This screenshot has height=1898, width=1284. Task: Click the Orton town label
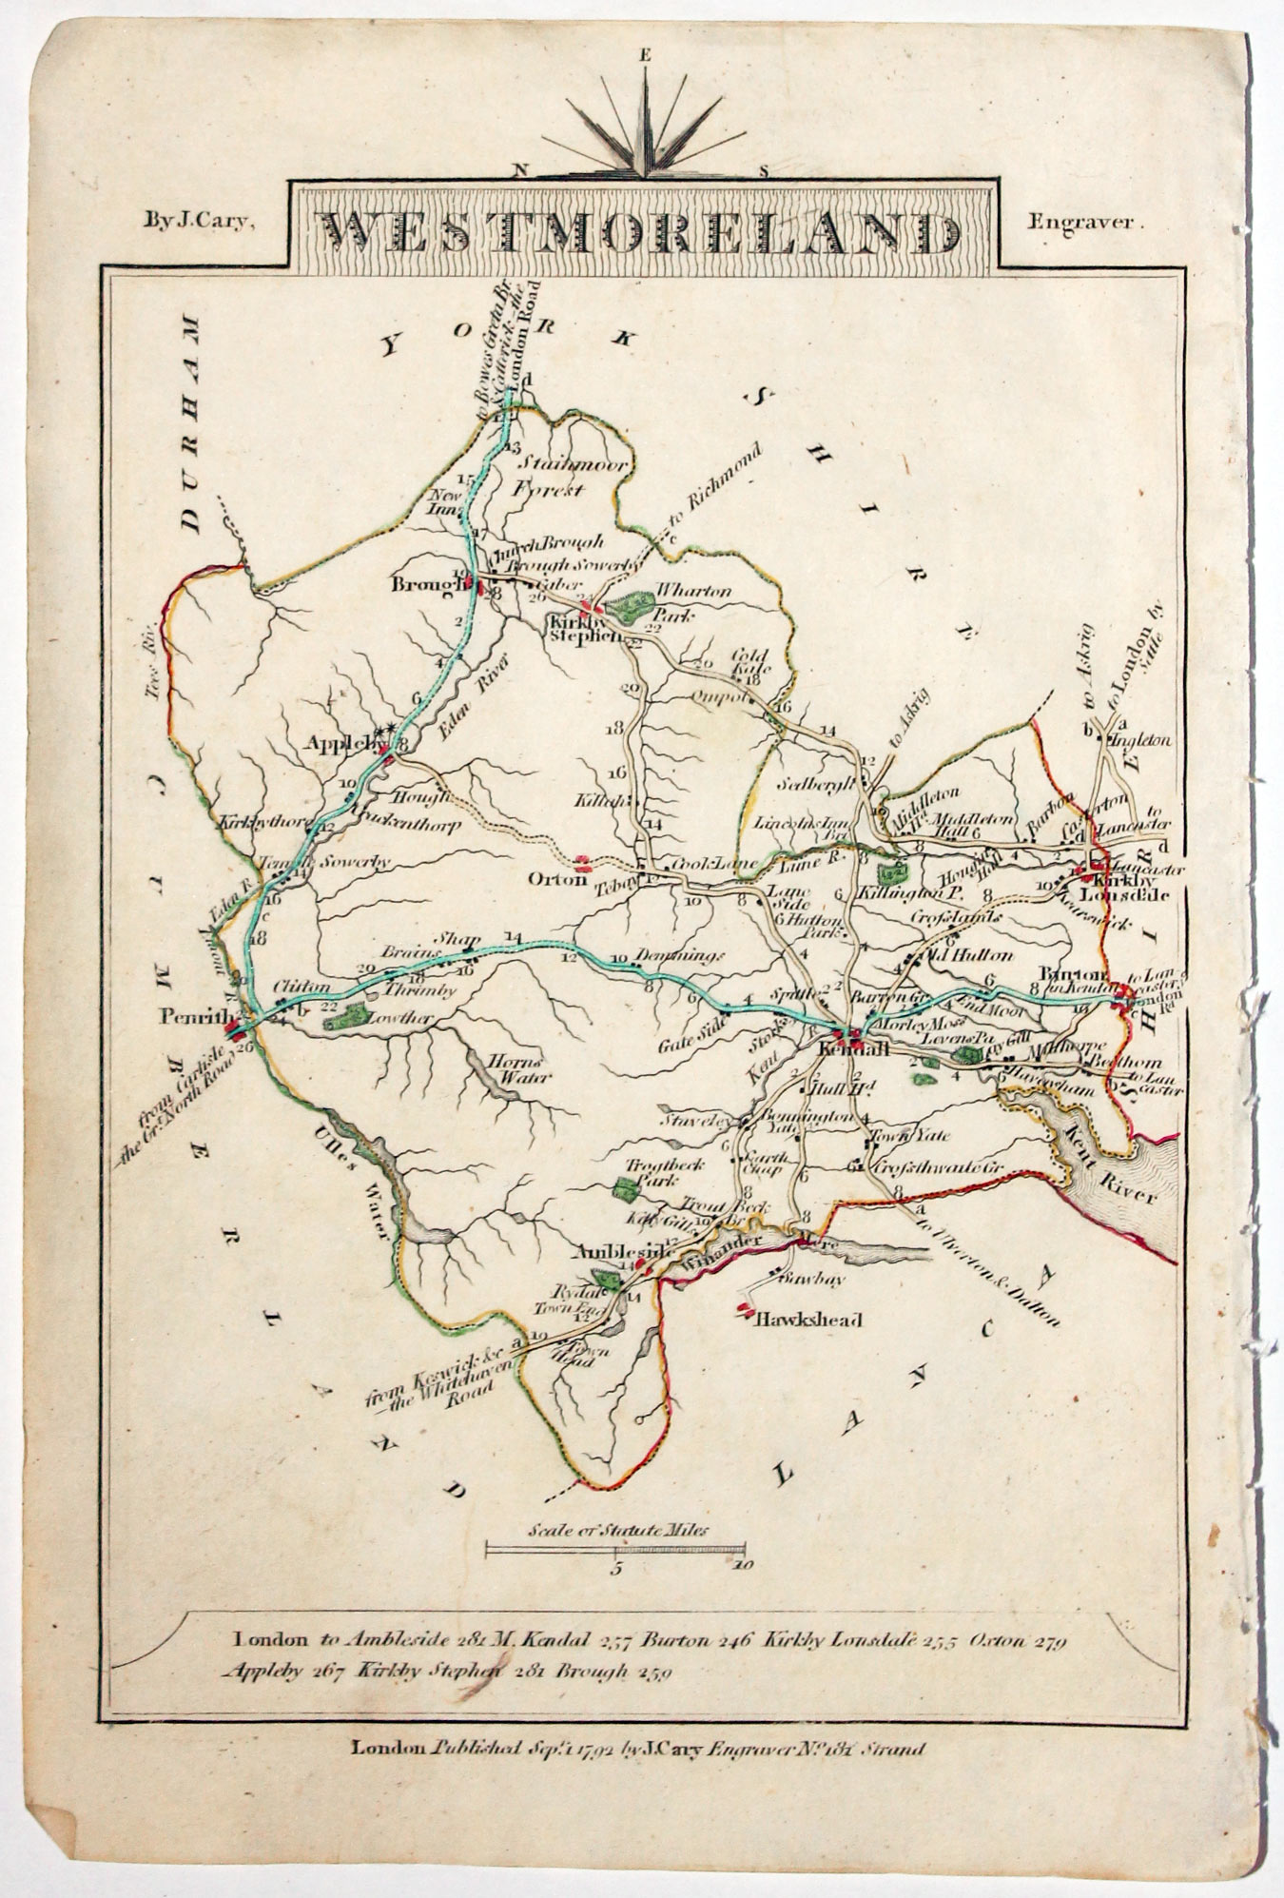point(558,879)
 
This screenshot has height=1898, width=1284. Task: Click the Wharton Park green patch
point(631,603)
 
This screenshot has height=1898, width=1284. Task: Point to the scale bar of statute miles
point(615,1550)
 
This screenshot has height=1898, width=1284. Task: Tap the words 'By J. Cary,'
point(197,222)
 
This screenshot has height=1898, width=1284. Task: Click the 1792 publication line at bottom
point(637,1748)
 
